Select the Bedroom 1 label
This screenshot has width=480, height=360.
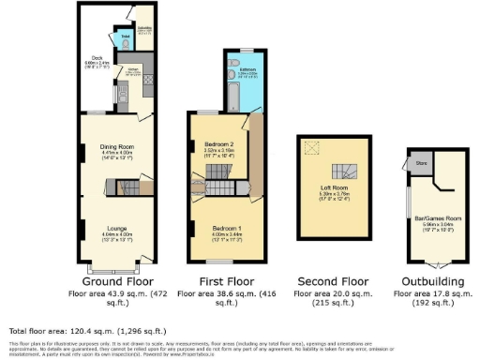coord(226,228)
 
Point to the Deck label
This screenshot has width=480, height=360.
coord(96,57)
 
